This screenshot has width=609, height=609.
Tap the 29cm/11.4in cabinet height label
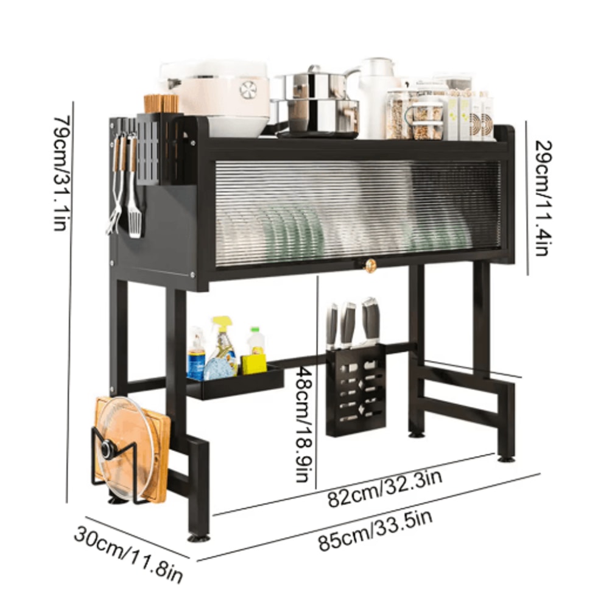544,197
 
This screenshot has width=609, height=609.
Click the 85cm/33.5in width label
376,530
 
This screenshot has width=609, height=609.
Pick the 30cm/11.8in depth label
128,552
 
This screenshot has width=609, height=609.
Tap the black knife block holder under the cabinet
356,390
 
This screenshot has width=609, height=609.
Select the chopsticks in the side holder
161,103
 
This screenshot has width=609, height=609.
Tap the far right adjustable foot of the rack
505,457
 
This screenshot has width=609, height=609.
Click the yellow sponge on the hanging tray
255,364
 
